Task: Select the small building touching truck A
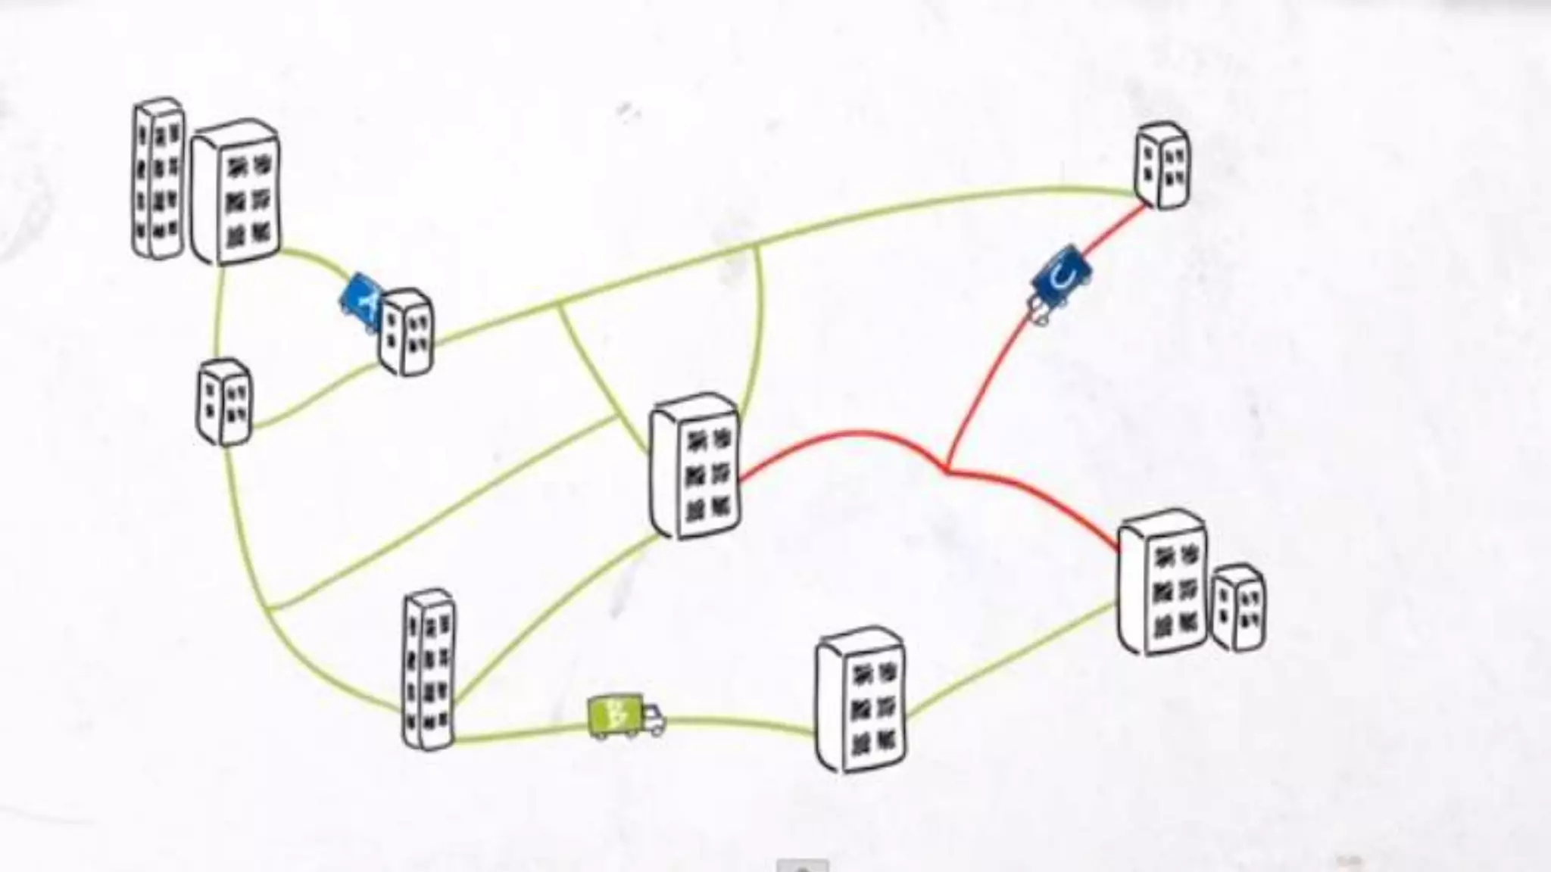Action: (406, 332)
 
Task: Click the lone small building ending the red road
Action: (1162, 165)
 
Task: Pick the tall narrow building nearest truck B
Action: (429, 669)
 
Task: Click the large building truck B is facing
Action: (861, 699)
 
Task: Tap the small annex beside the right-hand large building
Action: (1238, 608)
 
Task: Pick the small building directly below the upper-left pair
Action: (224, 401)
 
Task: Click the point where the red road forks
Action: (947, 469)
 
